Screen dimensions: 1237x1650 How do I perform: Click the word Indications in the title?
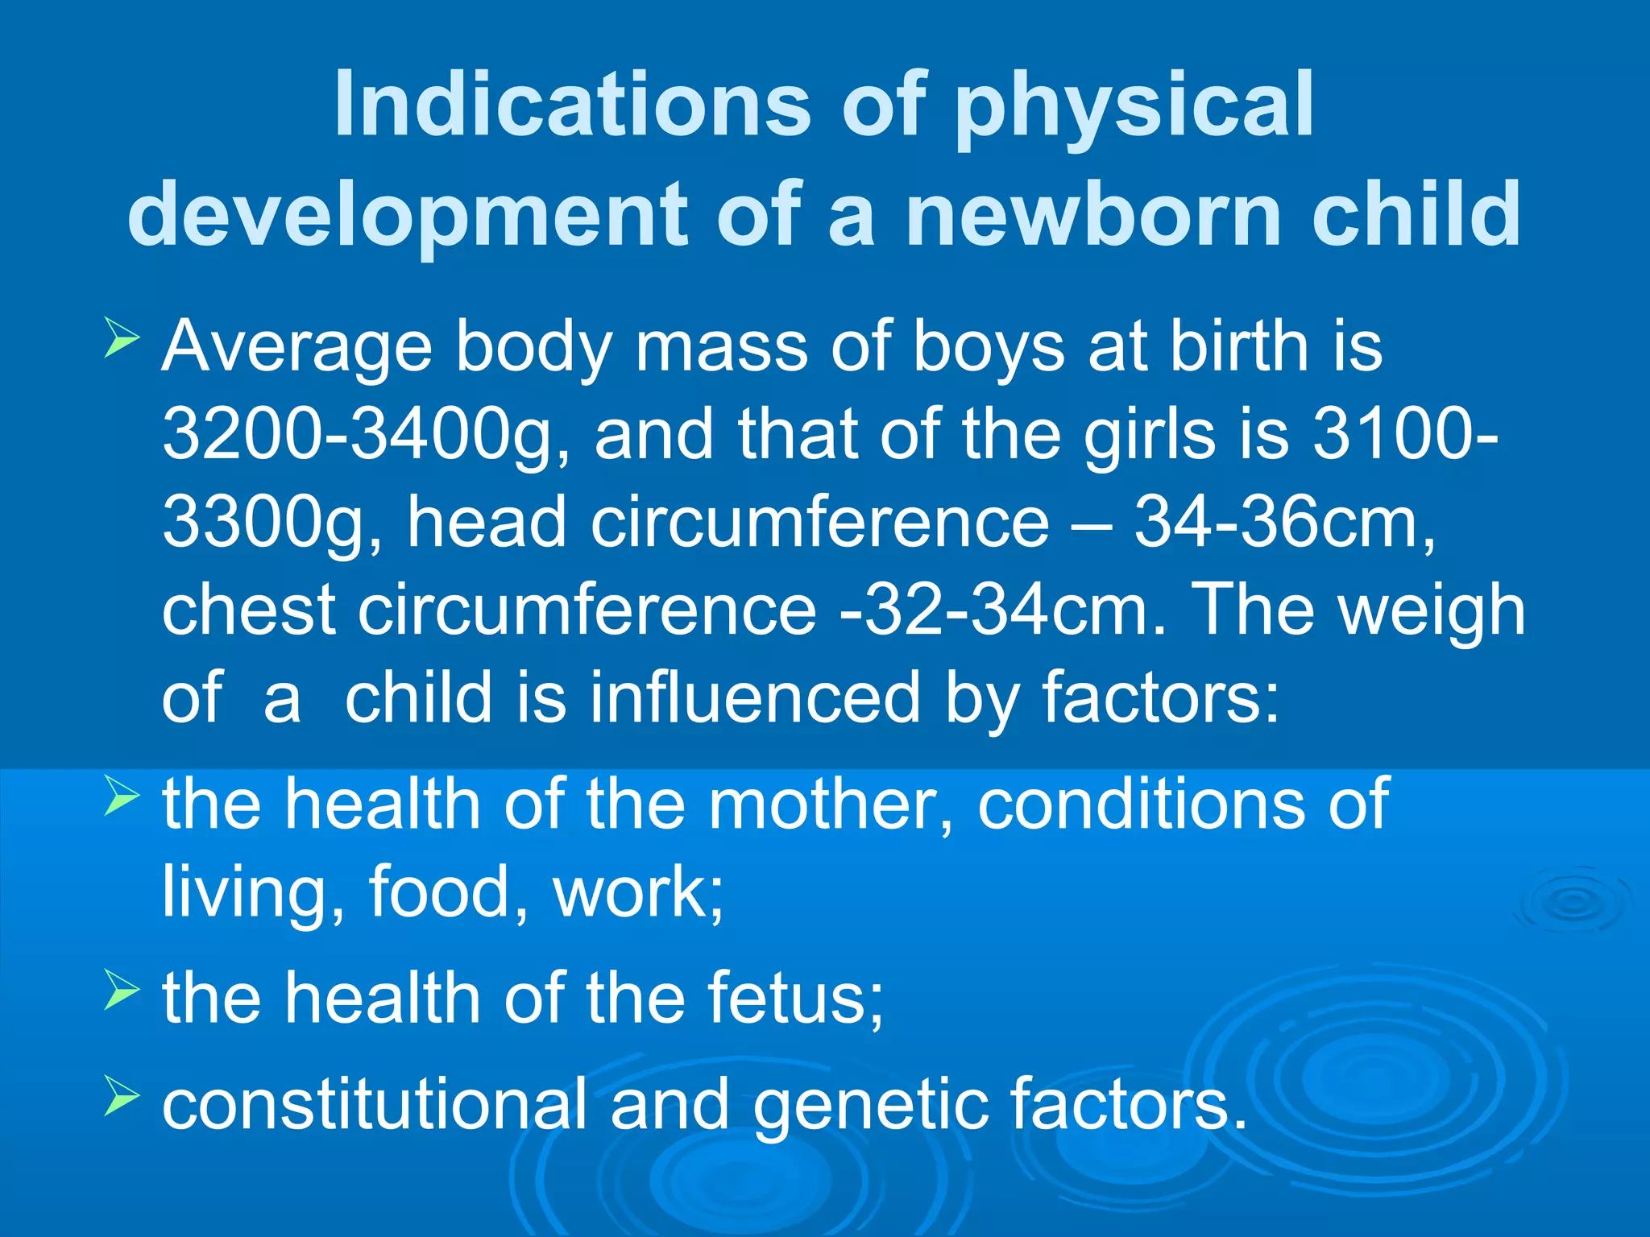click(x=571, y=103)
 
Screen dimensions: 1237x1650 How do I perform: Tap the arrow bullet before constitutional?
click(x=122, y=1097)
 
